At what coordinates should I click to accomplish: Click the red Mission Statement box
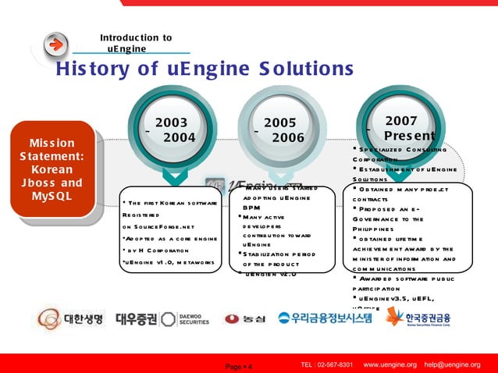coord(52,169)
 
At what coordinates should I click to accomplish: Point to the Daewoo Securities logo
coord(163,318)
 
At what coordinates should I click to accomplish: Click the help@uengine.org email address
coord(452,365)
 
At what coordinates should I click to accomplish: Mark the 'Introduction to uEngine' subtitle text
coord(135,43)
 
